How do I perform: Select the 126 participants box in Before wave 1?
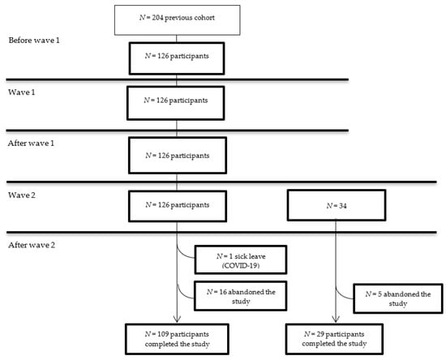point(176,58)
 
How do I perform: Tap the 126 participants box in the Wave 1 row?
point(176,103)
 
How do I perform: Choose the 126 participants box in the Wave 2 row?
point(176,207)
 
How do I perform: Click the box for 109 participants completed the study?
point(176,338)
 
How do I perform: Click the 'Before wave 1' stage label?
point(35,41)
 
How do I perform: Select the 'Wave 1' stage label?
point(22,92)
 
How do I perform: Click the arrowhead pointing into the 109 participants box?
point(176,319)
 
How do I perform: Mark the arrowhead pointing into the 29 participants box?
point(336,319)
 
